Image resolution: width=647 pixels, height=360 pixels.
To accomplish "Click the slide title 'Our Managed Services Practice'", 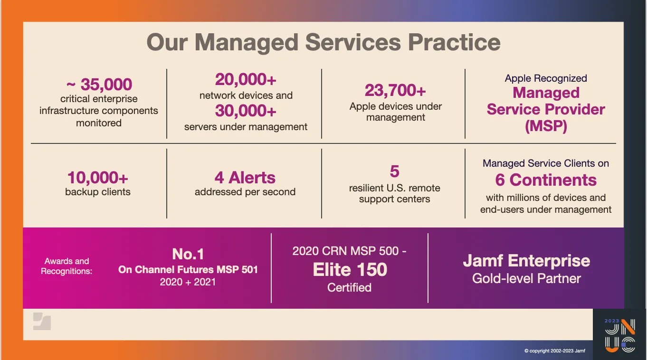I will (x=323, y=43).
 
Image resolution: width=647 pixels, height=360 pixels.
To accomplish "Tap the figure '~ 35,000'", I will (x=99, y=85).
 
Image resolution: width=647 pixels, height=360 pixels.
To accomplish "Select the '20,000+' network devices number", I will (x=246, y=79).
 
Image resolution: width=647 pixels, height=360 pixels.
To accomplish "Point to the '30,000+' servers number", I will (x=246, y=111).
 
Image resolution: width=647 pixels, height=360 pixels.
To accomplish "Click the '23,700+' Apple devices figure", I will (x=395, y=90).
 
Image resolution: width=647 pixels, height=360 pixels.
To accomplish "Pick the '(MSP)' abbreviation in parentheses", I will (x=546, y=126).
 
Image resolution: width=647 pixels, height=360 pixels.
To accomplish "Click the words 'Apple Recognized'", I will (x=546, y=78).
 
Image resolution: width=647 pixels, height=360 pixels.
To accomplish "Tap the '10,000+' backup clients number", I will (x=98, y=178).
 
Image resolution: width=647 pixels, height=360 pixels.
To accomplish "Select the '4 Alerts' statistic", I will (x=245, y=178).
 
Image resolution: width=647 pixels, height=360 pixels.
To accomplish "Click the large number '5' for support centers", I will (x=394, y=171).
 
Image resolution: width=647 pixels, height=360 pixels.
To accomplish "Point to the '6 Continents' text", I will (x=546, y=180).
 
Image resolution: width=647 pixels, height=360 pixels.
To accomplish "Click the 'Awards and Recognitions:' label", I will (x=67, y=266).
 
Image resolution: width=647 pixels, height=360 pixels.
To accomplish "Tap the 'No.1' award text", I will (x=188, y=254).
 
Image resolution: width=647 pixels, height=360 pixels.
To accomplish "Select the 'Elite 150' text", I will (x=350, y=270).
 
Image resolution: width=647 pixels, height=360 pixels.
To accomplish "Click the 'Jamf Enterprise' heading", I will (x=526, y=261).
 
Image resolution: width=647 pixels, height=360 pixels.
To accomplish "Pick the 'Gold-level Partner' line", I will (x=526, y=278).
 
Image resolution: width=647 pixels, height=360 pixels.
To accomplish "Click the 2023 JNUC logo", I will (x=619, y=335).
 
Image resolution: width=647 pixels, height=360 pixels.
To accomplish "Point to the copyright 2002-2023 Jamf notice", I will (x=554, y=351).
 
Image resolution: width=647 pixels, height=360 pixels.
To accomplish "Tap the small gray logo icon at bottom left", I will (x=42, y=322).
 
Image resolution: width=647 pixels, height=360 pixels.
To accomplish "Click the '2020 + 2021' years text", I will (x=188, y=282).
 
